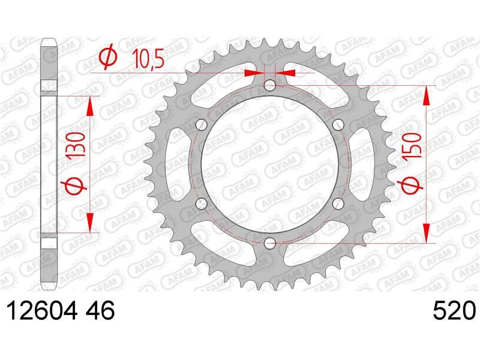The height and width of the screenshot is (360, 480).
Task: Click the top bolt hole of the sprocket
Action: pyautogui.click(x=269, y=85)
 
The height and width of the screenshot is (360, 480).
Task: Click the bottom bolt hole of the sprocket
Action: pyautogui.click(x=269, y=244)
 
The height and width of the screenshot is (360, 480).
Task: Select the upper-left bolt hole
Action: pyautogui.click(x=201, y=125)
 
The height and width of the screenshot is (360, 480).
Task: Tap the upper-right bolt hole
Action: pyautogui.click(x=338, y=125)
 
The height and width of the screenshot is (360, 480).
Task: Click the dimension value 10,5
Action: pyautogui.click(x=148, y=59)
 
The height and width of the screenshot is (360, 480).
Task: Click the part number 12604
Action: pyautogui.click(x=42, y=310)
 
